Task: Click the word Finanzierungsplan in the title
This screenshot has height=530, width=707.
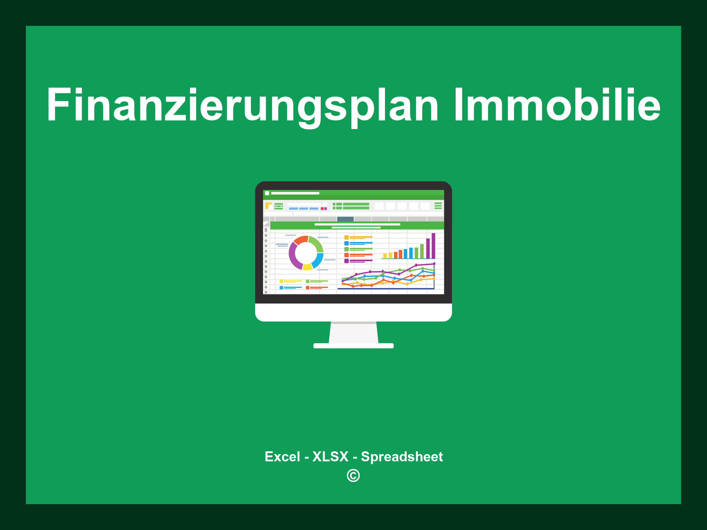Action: [x=242, y=105]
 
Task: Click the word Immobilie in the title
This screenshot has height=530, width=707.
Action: [x=556, y=105]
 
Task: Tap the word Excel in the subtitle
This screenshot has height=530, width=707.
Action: [x=282, y=457]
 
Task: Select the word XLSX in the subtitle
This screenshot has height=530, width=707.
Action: [x=330, y=457]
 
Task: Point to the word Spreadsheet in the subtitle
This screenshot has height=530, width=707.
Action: [x=401, y=457]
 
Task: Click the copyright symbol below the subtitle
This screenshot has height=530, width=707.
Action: [x=353, y=475]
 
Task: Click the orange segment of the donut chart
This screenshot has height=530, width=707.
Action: [x=300, y=240]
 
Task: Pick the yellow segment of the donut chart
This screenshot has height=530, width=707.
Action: [x=307, y=267]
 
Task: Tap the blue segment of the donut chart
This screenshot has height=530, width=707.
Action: [x=318, y=260]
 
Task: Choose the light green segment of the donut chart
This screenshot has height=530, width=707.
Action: [x=317, y=243]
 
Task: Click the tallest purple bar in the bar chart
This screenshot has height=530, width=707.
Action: [x=433, y=246]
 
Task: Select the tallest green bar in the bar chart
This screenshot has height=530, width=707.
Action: [x=422, y=251]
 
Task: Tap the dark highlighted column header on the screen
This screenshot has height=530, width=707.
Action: [x=345, y=219]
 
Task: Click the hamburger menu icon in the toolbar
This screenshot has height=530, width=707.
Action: [x=438, y=206]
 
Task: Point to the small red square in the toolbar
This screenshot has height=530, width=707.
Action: [x=322, y=209]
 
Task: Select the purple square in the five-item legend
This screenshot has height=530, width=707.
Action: [x=346, y=261]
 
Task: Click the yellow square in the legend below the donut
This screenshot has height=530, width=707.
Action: [x=281, y=282]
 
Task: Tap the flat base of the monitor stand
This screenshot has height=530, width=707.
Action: [x=353, y=346]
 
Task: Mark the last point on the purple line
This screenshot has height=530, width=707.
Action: [x=434, y=264]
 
